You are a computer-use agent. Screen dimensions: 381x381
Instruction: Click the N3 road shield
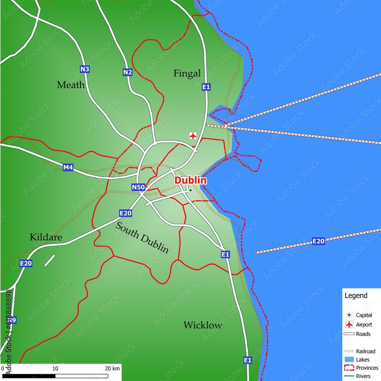point(84,69)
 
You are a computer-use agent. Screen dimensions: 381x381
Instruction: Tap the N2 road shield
point(127,72)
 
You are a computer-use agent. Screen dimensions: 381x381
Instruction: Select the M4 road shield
point(68,167)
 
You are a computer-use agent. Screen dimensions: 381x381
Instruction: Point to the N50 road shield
point(138,187)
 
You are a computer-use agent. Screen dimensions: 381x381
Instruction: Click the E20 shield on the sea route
point(318,241)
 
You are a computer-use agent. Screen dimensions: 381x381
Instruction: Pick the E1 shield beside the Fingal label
point(206,87)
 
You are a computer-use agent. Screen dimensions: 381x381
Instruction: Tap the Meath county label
point(71,85)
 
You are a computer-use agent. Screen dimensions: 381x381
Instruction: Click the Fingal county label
point(187,74)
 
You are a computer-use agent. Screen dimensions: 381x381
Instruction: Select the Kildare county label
point(46,237)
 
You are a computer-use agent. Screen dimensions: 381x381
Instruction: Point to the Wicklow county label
point(202,325)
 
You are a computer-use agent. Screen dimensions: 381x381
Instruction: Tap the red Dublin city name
point(190,180)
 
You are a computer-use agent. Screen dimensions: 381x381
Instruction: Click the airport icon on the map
point(193,136)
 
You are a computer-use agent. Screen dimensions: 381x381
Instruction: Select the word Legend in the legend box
point(356,295)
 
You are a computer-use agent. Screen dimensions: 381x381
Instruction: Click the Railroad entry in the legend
point(365,351)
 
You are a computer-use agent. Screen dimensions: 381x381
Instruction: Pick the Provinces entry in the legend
point(367,368)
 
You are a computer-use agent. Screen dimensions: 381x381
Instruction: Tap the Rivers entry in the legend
point(363,376)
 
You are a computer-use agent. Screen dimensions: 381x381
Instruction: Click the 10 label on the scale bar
point(55,368)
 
